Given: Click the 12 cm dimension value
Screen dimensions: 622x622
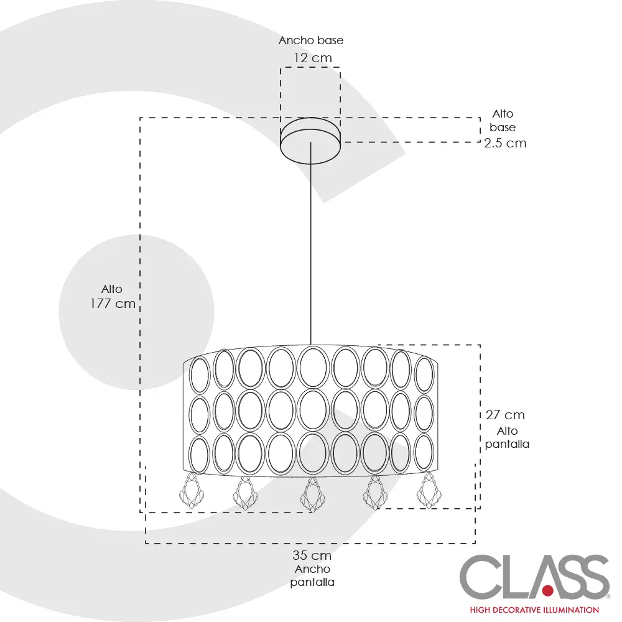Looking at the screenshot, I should click(313, 58).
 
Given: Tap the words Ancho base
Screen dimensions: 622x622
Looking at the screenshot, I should click(311, 40).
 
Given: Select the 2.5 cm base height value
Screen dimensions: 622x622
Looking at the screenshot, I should click(505, 143).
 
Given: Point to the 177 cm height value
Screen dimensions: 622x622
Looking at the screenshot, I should click(113, 304).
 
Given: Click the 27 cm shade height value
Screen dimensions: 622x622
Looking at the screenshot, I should click(505, 415).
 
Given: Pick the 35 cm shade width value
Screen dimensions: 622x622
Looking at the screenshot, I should click(312, 555).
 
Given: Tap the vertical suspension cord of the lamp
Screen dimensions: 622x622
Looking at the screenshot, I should click(311, 249).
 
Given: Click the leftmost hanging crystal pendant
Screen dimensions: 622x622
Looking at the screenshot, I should click(192, 491).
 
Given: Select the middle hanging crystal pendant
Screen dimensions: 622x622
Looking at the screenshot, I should click(311, 494).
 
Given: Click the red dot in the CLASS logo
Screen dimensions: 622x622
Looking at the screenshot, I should click(548, 588).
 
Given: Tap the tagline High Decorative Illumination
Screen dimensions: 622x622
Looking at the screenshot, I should click(534, 610).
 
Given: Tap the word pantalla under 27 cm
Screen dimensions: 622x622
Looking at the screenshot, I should click(508, 445).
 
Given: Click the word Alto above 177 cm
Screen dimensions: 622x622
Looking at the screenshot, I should click(112, 289).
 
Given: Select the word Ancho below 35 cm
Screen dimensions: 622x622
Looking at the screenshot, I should click(312, 569).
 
